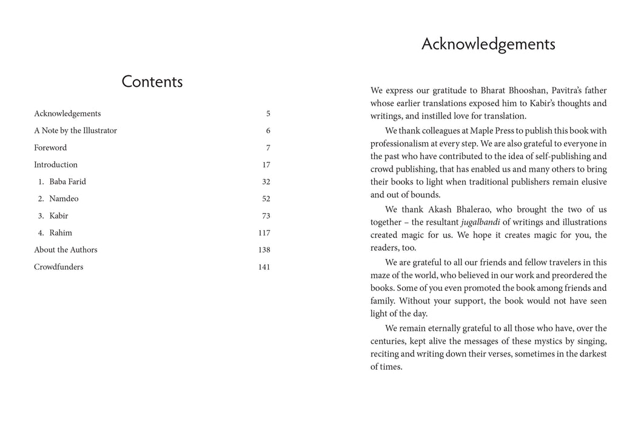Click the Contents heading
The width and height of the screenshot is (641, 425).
tap(152, 82)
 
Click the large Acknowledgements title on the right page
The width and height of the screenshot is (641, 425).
tap(488, 44)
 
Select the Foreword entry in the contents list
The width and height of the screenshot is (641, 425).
tap(50, 148)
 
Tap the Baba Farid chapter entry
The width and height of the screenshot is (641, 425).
tap(67, 182)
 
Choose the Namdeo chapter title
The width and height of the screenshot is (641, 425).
tap(64, 199)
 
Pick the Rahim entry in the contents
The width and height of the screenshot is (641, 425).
tap(61, 233)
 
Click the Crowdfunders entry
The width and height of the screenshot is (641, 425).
tap(58, 267)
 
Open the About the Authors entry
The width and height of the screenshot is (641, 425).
tap(65, 250)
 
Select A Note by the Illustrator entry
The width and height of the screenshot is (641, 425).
tap(75, 131)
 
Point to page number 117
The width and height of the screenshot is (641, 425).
tap(264, 233)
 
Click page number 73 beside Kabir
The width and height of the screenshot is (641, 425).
tap(266, 216)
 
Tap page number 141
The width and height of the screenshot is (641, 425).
tap(264, 267)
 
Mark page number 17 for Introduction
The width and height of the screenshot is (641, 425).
tap(266, 165)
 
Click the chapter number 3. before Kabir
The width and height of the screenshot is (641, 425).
tap(41, 216)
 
